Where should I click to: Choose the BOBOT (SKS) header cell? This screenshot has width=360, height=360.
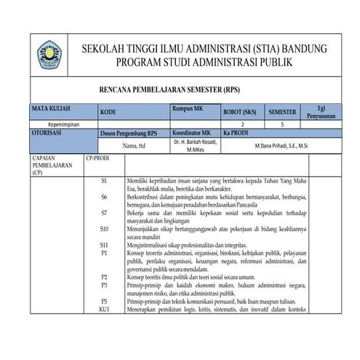242,113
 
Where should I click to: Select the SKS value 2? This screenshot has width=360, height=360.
242,125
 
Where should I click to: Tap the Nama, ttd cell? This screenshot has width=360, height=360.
134,145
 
